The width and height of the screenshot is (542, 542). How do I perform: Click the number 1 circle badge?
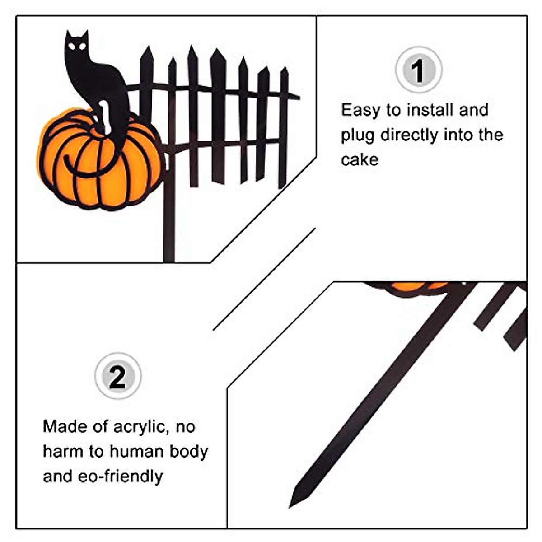pos(419,70)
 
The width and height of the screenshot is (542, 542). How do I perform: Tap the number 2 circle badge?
pos(118,376)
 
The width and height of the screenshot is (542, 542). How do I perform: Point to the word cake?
pos(360,160)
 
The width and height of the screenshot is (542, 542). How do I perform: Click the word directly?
pos(409,136)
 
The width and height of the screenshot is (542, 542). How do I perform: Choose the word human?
pos(136,452)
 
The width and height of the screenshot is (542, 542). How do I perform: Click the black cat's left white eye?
pos(72,47)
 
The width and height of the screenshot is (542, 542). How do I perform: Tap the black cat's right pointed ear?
pos(84,35)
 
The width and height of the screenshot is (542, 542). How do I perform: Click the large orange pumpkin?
pos(100,160)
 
